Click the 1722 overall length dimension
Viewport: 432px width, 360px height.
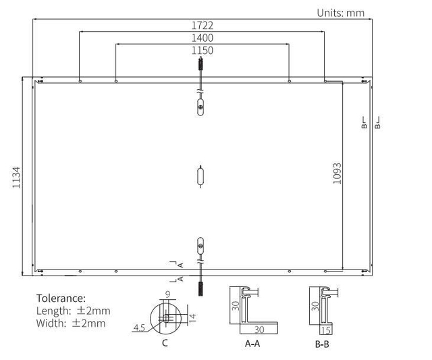click(202, 26)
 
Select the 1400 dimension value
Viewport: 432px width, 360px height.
click(202, 38)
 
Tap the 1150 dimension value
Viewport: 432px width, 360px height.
click(202, 51)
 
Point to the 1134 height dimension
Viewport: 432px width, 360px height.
click(16, 177)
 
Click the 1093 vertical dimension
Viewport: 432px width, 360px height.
click(337, 174)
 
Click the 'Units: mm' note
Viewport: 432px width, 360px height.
click(340, 13)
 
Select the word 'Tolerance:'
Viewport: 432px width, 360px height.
click(61, 299)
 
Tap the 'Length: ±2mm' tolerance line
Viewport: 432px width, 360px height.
click(74, 311)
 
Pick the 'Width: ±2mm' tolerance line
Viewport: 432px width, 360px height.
click(71, 323)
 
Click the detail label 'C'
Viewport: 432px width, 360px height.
click(165, 343)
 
